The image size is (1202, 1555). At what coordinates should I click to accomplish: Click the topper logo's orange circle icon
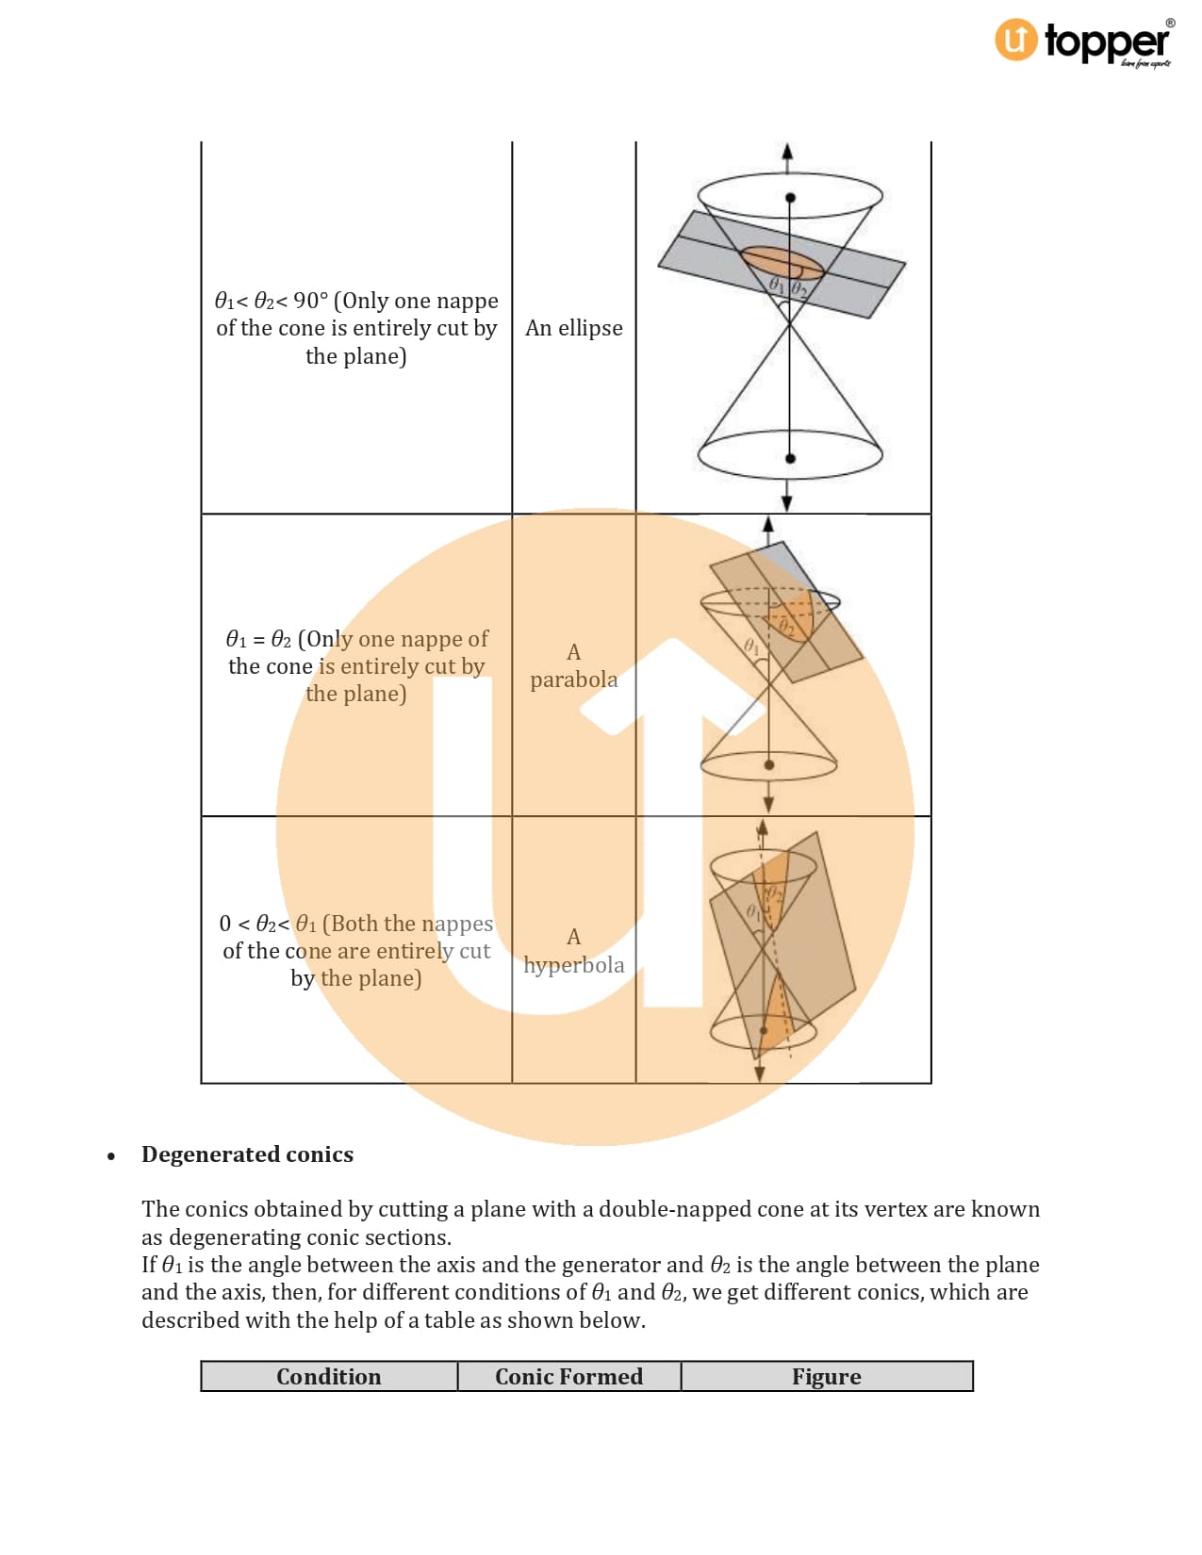[x=1015, y=40]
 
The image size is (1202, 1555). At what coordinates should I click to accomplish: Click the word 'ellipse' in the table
[x=590, y=328]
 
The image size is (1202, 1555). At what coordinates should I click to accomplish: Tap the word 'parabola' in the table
[x=573, y=679]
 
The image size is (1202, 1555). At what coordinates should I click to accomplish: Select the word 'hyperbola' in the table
[x=573, y=965]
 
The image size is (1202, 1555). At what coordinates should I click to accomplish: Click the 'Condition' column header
[x=329, y=1376]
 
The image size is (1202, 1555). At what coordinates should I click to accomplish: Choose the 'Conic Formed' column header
[x=568, y=1376]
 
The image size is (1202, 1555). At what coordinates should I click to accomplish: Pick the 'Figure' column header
[x=826, y=1376]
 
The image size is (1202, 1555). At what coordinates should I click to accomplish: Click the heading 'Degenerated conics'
[x=247, y=1154]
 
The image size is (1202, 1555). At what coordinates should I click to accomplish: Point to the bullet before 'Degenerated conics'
[x=111, y=1156]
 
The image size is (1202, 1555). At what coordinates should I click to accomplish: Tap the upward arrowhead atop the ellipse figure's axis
[x=787, y=151]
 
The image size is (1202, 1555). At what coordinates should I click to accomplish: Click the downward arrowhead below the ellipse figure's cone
[x=787, y=503]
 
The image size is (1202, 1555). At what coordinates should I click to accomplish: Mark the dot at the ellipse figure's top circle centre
[x=790, y=198]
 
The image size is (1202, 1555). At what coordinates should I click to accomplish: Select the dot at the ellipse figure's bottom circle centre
[x=790, y=459]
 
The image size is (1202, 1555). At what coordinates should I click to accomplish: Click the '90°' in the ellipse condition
[x=311, y=301]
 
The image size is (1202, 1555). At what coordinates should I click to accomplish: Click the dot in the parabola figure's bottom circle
[x=769, y=765]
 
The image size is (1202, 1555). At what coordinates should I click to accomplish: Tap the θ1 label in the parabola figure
[x=750, y=647]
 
